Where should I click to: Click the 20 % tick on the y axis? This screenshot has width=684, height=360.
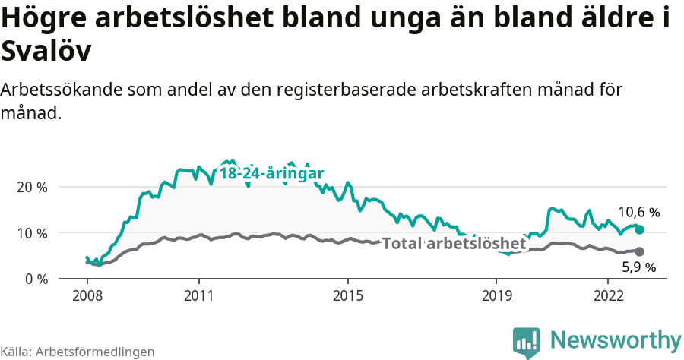click(x=31, y=187)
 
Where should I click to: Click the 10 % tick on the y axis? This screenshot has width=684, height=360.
click(x=31, y=233)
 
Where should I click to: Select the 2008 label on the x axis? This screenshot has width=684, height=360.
click(x=87, y=295)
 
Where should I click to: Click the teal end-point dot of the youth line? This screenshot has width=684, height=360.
click(x=639, y=229)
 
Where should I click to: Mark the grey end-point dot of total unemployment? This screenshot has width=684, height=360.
click(x=639, y=251)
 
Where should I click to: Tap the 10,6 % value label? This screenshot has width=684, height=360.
click(x=638, y=213)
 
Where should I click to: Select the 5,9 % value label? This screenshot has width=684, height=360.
click(x=638, y=267)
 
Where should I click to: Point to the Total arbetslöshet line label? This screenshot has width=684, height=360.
click(x=454, y=244)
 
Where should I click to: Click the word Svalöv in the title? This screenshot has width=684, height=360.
click(x=46, y=52)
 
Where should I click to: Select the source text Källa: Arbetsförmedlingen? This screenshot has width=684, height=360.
click(x=78, y=352)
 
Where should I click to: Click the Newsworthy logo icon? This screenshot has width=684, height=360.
click(x=526, y=342)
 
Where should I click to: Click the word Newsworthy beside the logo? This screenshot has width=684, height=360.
click(x=616, y=339)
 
